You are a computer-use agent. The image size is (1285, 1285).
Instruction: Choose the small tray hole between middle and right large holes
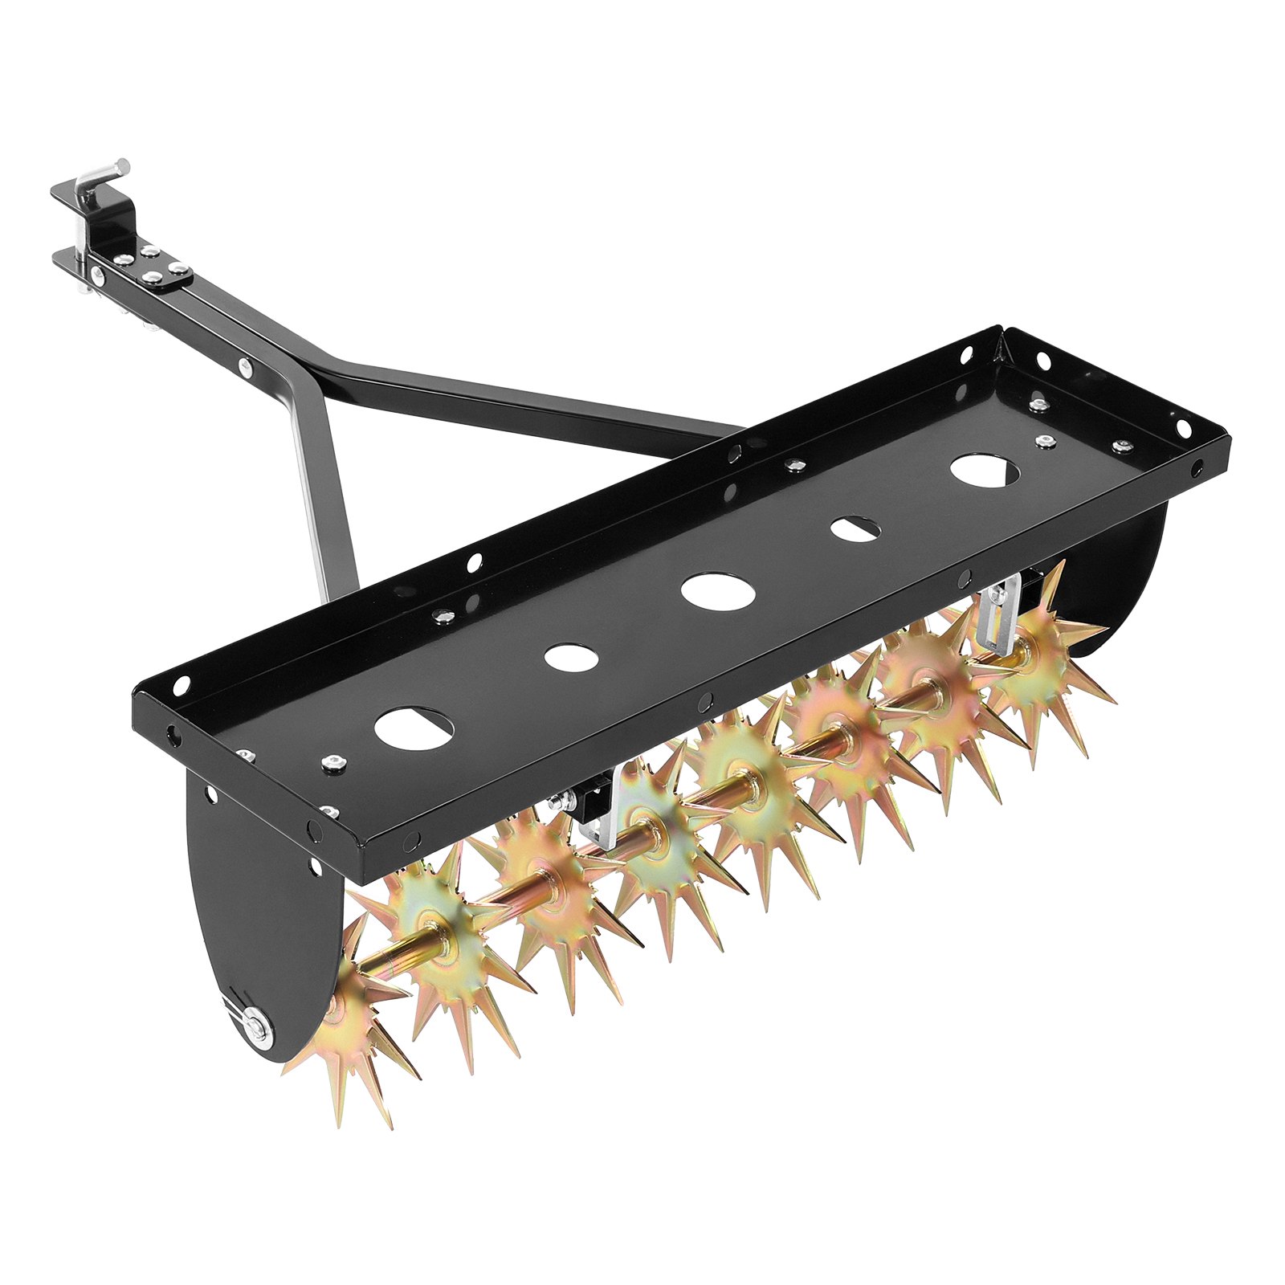(x=855, y=528)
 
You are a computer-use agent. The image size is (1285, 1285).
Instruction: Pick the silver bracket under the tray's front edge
(x=598, y=819)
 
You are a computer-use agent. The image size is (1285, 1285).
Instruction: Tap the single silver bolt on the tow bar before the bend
(x=245, y=369)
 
